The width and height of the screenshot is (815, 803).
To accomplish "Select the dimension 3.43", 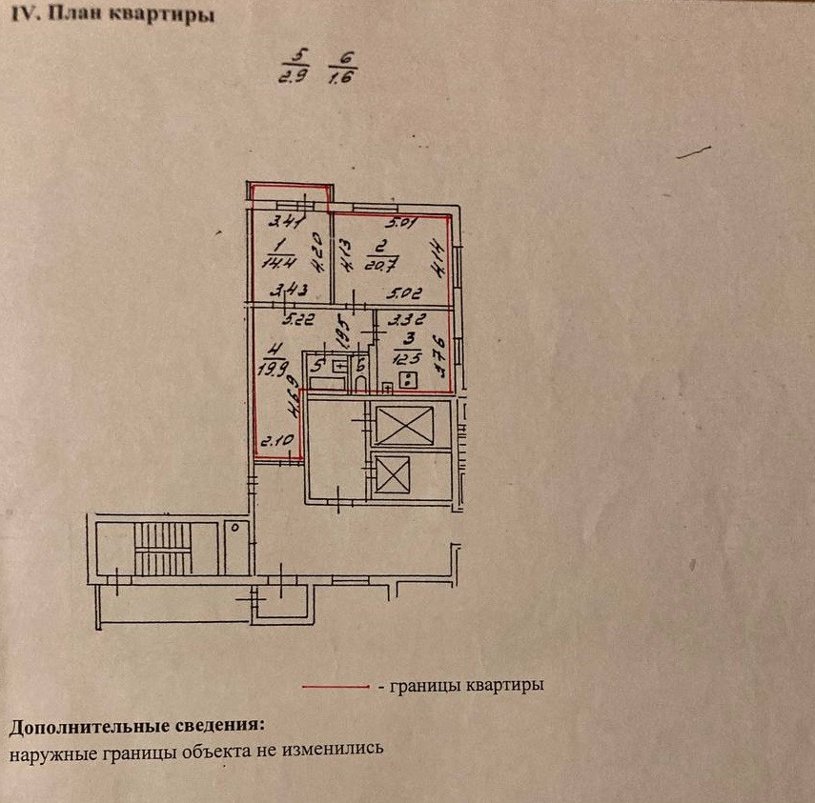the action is click(x=288, y=291).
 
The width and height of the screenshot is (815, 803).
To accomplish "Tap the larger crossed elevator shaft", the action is click(x=403, y=424).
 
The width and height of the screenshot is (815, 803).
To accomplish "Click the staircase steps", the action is click(x=163, y=550).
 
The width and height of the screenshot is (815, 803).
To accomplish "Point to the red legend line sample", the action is click(x=335, y=686).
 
